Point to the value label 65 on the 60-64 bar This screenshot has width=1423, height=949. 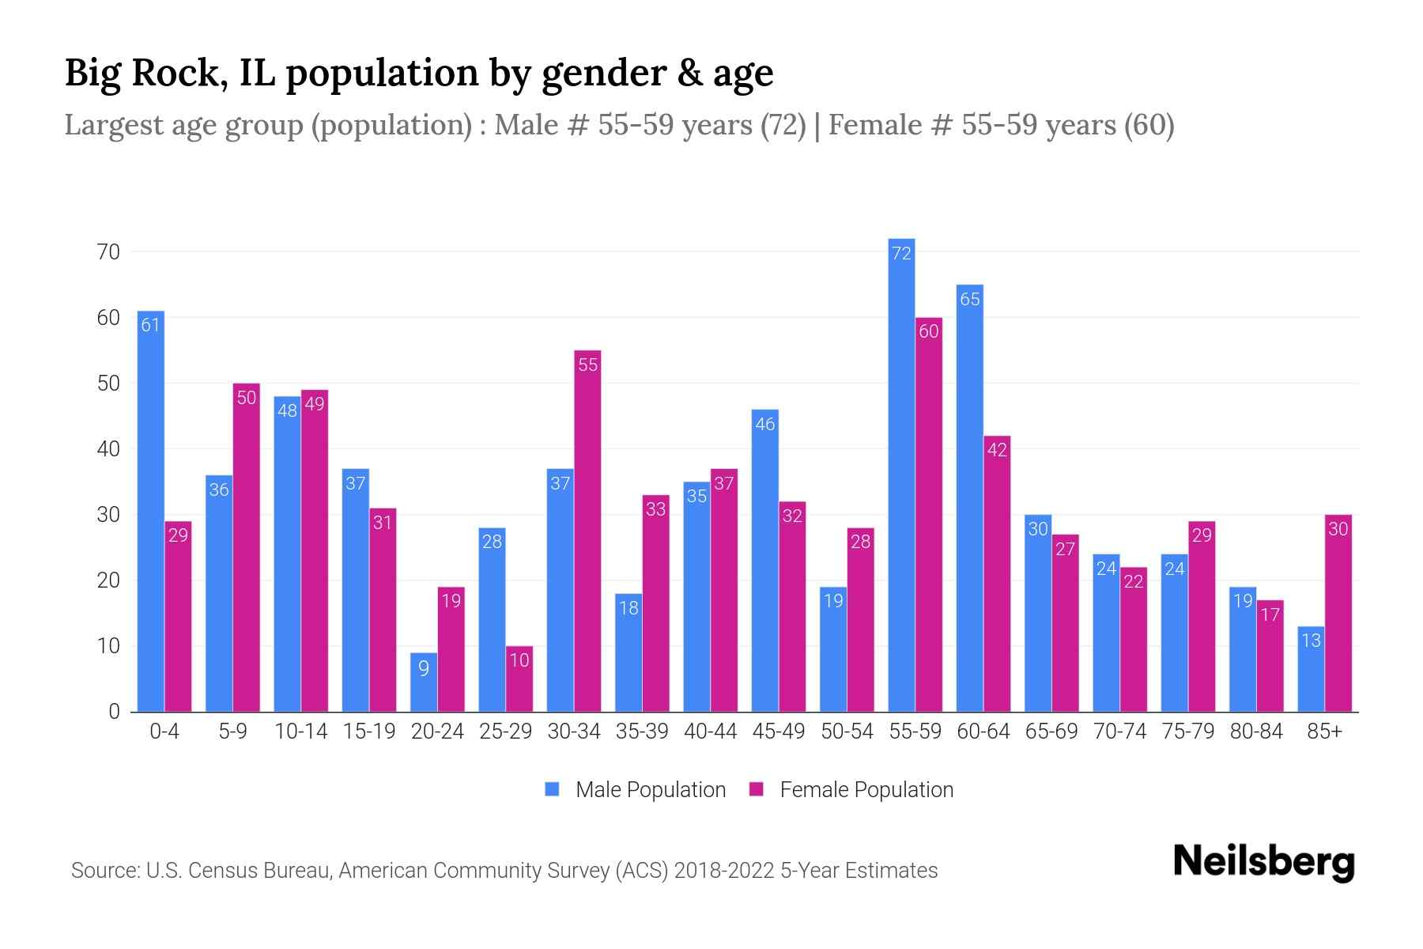(970, 299)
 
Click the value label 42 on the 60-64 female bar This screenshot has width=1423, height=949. (997, 450)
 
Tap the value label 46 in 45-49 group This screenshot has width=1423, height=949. (765, 424)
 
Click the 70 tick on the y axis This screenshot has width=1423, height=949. (108, 252)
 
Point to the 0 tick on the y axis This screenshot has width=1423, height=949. (115, 712)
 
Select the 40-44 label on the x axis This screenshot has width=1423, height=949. (710, 732)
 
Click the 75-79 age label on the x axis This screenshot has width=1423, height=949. (1187, 732)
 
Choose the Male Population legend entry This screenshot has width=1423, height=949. (650, 790)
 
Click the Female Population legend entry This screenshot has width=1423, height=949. (866, 790)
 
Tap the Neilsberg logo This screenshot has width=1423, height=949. (1263, 862)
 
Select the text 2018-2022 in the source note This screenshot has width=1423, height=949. (723, 871)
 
